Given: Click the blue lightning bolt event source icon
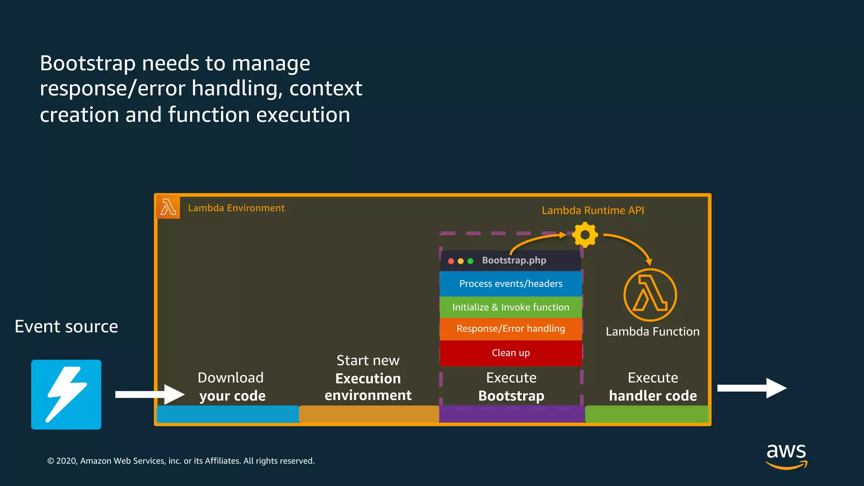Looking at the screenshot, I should point(66,394).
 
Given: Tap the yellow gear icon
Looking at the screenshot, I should point(585,235).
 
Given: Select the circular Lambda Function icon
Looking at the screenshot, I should point(650,295).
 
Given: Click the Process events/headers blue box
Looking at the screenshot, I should point(510,283).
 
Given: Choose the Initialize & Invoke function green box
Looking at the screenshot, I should point(510,307).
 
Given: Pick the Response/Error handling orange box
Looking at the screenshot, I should point(510,329).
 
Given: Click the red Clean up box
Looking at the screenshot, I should point(510,353).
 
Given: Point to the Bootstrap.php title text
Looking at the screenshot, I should point(514,260).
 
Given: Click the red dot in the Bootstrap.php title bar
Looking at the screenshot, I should point(451,261).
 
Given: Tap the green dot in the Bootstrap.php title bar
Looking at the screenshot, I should point(470,261).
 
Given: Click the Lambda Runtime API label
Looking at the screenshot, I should point(593,211).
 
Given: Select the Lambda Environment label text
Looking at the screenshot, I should point(236,208).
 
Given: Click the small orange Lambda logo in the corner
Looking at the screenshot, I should point(168,208).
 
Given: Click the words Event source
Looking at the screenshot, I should point(66,327).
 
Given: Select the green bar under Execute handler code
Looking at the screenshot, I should point(647,414).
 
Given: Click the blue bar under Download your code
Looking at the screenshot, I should point(228,414).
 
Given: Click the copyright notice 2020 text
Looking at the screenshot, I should point(181,461).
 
